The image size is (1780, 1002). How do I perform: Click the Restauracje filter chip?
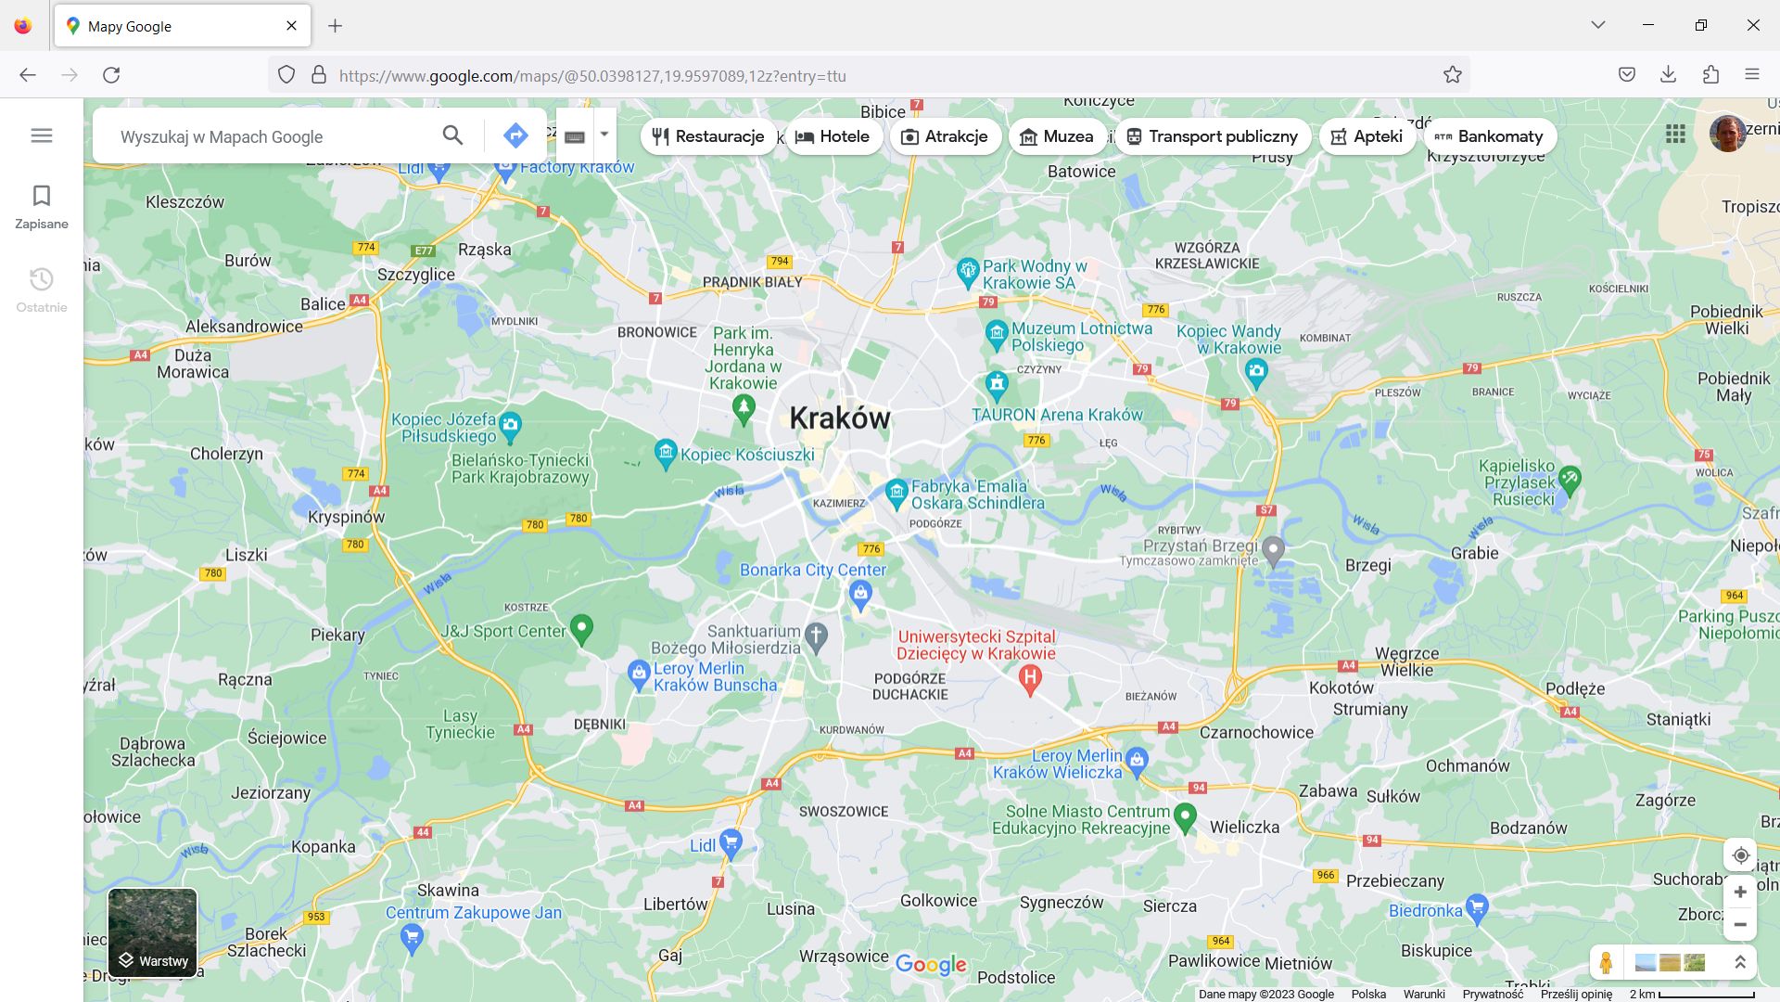point(709,136)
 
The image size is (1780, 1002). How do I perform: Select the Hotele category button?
point(833,136)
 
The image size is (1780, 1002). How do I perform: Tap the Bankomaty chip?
point(1489,136)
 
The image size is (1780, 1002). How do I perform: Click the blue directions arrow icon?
point(515,135)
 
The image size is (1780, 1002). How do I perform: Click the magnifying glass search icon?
point(452,135)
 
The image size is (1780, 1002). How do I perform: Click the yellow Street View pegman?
point(1606,962)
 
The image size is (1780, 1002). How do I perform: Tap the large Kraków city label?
point(840,418)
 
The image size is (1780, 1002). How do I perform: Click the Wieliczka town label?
point(1244,827)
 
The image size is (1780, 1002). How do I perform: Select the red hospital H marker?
point(1029,680)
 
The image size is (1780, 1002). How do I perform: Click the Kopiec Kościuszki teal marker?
point(666,453)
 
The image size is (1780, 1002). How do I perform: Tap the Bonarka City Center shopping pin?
point(860,595)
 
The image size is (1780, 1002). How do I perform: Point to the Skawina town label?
point(448,890)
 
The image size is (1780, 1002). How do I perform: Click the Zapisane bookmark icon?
point(42,196)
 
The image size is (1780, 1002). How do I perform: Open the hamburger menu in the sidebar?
point(42,135)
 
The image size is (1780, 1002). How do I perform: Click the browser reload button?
point(111,75)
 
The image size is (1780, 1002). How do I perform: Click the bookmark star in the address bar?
point(1452,75)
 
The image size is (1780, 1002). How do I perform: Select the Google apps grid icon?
point(1674,135)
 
